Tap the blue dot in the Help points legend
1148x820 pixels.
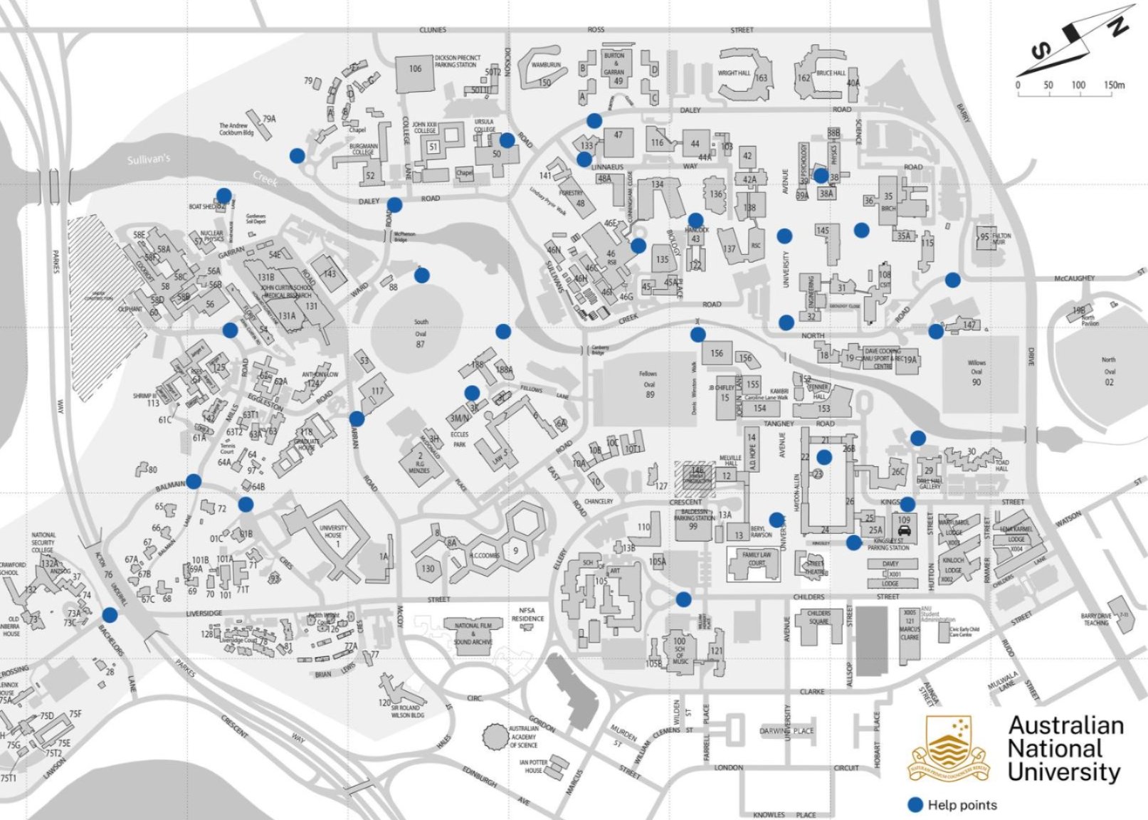coord(915,805)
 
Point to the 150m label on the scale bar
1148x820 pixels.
coord(1114,85)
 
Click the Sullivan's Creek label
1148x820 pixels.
coord(149,159)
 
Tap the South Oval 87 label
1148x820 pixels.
coord(421,333)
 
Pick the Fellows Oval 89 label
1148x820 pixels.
coord(648,384)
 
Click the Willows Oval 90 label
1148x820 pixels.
coord(976,372)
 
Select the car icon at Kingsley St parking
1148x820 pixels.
coord(904,530)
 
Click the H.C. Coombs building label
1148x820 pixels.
coord(487,555)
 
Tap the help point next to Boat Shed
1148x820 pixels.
coord(223,195)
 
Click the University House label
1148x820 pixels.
coord(333,532)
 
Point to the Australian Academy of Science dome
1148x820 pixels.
coord(494,735)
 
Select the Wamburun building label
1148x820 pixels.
coord(545,65)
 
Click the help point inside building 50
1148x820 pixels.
coord(507,140)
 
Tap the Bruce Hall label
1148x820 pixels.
coord(831,73)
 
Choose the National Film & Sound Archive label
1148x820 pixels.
coord(473,634)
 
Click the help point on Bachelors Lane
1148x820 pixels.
coord(110,614)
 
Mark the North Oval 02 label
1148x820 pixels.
coord(1108,371)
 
